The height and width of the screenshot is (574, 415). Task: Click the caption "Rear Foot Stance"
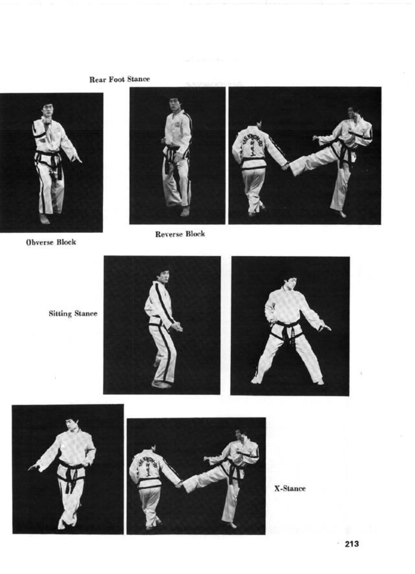(x=119, y=79)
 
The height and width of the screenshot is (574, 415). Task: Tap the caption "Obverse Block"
(x=51, y=243)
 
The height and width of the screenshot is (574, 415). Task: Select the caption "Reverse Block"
(x=180, y=234)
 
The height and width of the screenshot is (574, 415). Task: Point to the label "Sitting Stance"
(x=73, y=314)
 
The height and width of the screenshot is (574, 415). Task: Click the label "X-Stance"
(x=290, y=488)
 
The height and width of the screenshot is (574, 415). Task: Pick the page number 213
(x=352, y=544)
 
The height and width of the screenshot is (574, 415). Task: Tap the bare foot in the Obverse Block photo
(x=45, y=219)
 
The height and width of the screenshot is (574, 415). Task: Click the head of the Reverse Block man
(x=175, y=104)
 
